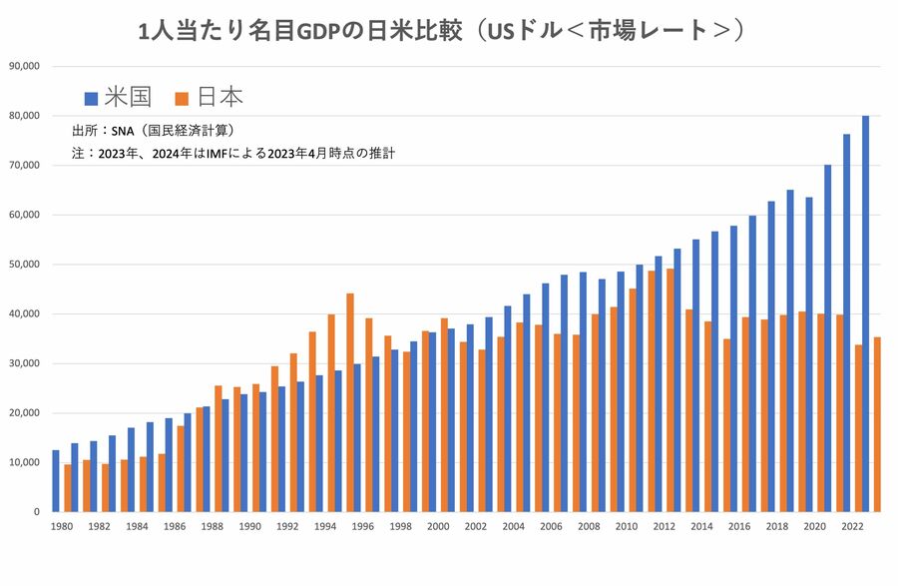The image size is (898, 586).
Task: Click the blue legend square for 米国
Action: click(91, 98)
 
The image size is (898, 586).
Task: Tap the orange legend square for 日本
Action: click(182, 98)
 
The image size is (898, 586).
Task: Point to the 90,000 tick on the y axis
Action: click(23, 66)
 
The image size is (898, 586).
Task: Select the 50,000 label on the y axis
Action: click(23, 265)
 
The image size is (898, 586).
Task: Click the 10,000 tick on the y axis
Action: click(23, 462)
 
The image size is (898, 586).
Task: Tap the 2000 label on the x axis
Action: click(437, 526)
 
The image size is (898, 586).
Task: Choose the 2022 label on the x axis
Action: click(852, 526)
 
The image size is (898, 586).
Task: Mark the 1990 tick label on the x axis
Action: click(249, 526)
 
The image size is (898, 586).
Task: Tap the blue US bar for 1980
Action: click(56, 480)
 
